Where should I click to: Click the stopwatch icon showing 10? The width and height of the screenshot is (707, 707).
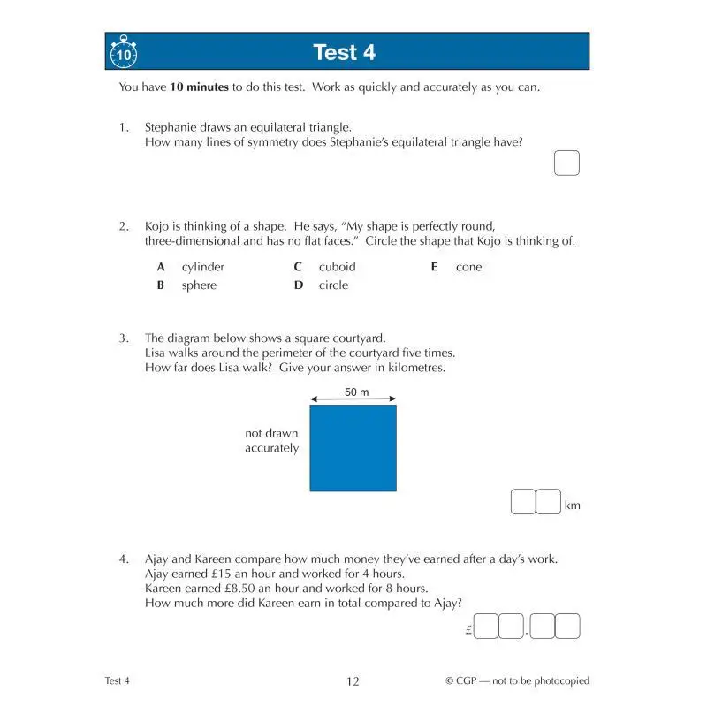124,54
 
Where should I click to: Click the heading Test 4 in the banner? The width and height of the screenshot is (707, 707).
345,52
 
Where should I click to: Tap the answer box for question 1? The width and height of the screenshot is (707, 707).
566,163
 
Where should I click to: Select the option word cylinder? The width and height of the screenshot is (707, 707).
203,267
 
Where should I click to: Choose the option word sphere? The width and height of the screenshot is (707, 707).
199,285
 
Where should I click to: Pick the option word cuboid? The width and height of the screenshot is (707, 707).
337,267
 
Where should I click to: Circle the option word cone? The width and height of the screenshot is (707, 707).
468,267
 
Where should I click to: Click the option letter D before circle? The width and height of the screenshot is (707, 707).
299,285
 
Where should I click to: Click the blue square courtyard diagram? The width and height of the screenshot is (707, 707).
353,448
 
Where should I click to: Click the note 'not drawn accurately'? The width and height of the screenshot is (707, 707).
272,441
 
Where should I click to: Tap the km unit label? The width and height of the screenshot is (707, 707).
573,506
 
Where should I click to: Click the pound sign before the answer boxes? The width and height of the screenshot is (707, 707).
468,630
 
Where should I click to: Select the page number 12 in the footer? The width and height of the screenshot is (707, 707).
353,681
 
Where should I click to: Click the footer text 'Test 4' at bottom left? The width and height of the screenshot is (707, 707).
117,680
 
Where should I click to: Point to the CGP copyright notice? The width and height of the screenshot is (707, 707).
517,681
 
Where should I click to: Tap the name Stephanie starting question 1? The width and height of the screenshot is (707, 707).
171,127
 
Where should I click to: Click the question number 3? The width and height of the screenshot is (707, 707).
125,338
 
